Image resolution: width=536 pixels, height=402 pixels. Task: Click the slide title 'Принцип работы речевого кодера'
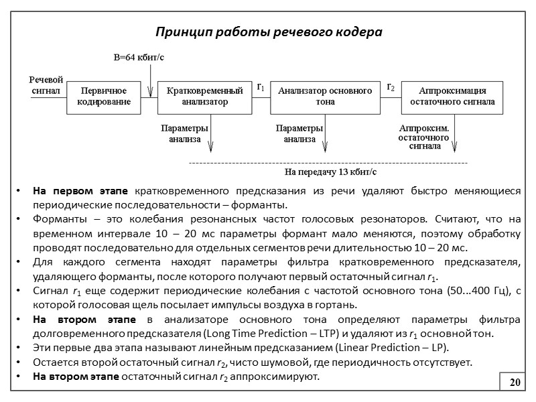click(x=268, y=32)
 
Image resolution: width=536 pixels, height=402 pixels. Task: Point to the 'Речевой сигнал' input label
click(x=46, y=85)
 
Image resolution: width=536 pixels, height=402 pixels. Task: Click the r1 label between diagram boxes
click(x=261, y=87)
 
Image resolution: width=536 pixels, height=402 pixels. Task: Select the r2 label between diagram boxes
click(x=391, y=87)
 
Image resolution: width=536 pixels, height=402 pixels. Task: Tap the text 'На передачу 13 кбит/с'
click(x=331, y=172)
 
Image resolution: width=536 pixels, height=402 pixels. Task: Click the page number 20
click(x=515, y=382)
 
